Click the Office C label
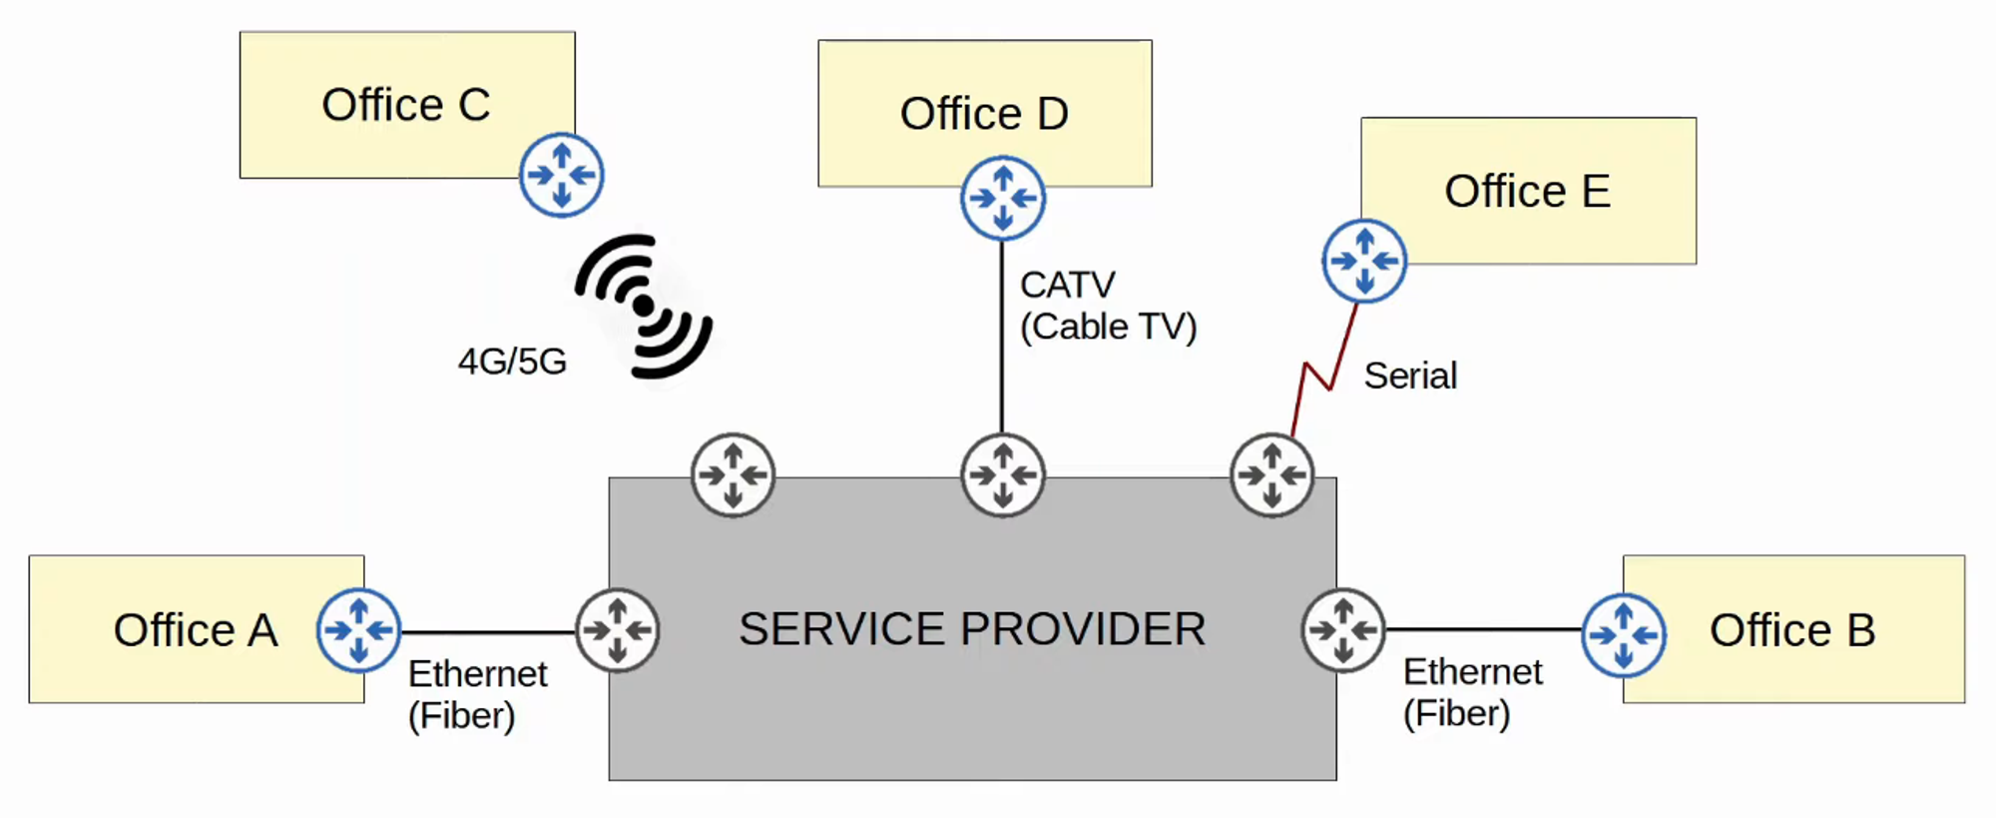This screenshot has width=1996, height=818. coord(405,105)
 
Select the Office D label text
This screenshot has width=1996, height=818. coord(984,114)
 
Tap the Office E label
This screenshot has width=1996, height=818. coord(1527,191)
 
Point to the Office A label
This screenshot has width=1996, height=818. coord(195,630)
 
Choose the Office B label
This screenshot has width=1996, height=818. coord(1792,630)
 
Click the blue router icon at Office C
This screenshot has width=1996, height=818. coord(562,175)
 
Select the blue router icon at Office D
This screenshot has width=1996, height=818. coord(1003,198)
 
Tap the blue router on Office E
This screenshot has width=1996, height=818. coord(1364,261)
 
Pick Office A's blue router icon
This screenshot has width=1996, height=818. coord(358,630)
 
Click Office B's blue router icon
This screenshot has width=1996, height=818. coord(1624,635)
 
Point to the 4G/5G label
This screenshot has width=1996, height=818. coord(512,362)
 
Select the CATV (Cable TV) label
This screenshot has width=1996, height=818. coord(1107,306)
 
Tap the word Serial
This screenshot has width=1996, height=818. coord(1410,376)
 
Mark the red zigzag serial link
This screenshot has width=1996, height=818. coord(1319,375)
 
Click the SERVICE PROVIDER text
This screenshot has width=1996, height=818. coord(972,629)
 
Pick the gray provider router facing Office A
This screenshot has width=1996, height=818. coord(618,630)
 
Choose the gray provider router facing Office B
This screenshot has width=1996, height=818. coord(1343,630)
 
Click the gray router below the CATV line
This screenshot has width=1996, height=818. coord(1003,474)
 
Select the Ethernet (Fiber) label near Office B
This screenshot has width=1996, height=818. coord(1472,692)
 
